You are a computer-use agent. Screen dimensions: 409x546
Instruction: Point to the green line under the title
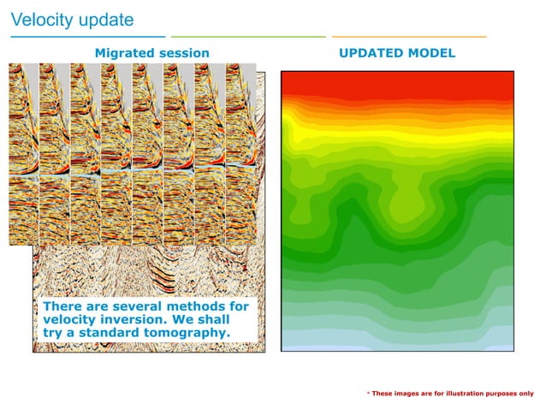coord(248,38)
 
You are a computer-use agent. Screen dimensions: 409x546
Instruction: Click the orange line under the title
coord(409,38)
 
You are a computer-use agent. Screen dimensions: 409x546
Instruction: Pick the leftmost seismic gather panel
coord(24,154)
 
